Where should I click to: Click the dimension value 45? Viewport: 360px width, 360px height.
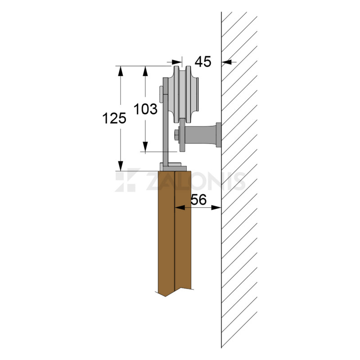(x=203, y=61)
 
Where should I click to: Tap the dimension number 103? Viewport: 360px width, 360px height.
(x=146, y=108)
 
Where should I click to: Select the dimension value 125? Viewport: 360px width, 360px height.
(x=114, y=118)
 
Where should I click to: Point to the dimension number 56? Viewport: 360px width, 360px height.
(x=198, y=200)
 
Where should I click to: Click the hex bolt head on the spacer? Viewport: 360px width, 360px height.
(x=175, y=134)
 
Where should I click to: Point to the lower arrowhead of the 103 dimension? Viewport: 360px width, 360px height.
(x=145, y=148)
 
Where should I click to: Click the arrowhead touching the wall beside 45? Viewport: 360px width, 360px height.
(x=225, y=62)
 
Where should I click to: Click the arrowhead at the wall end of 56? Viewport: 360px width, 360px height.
(x=218, y=207)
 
